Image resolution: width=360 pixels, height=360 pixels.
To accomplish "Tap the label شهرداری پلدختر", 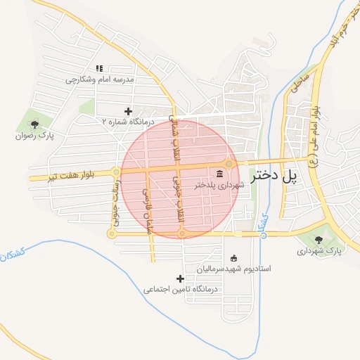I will [221, 185].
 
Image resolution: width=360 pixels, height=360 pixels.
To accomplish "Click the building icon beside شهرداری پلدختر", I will [220, 174].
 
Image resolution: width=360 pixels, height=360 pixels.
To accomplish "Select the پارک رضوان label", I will [36, 135].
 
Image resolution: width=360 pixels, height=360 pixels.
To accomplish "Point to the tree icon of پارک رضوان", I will [34, 124].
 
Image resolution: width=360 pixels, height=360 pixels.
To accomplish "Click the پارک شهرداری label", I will [318, 250].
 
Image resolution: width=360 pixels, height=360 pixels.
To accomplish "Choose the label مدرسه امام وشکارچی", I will [99, 79].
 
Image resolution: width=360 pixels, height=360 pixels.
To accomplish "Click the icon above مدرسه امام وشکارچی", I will [99, 69].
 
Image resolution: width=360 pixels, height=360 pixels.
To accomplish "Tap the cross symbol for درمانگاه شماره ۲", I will [128, 111].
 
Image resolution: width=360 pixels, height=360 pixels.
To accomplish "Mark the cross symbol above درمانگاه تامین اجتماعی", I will [181, 278].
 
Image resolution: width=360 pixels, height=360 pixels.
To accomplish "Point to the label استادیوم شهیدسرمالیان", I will [233, 269].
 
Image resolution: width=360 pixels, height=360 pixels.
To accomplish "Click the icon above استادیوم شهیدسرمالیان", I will [234, 258].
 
